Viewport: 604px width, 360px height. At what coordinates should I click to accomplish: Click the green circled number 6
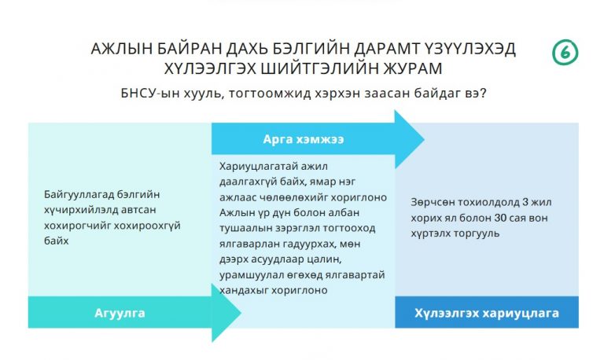(x=565, y=53)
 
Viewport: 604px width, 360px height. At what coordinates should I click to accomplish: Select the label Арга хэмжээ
(x=304, y=139)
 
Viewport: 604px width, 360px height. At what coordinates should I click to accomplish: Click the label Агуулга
(x=120, y=313)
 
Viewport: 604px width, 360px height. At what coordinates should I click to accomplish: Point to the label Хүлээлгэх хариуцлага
(x=487, y=313)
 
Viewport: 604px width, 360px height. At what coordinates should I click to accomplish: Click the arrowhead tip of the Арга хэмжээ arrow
(x=424, y=139)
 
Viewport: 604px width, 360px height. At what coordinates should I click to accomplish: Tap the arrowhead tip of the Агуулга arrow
(x=241, y=313)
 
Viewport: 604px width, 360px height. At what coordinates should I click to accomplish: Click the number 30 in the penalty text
(x=500, y=218)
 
